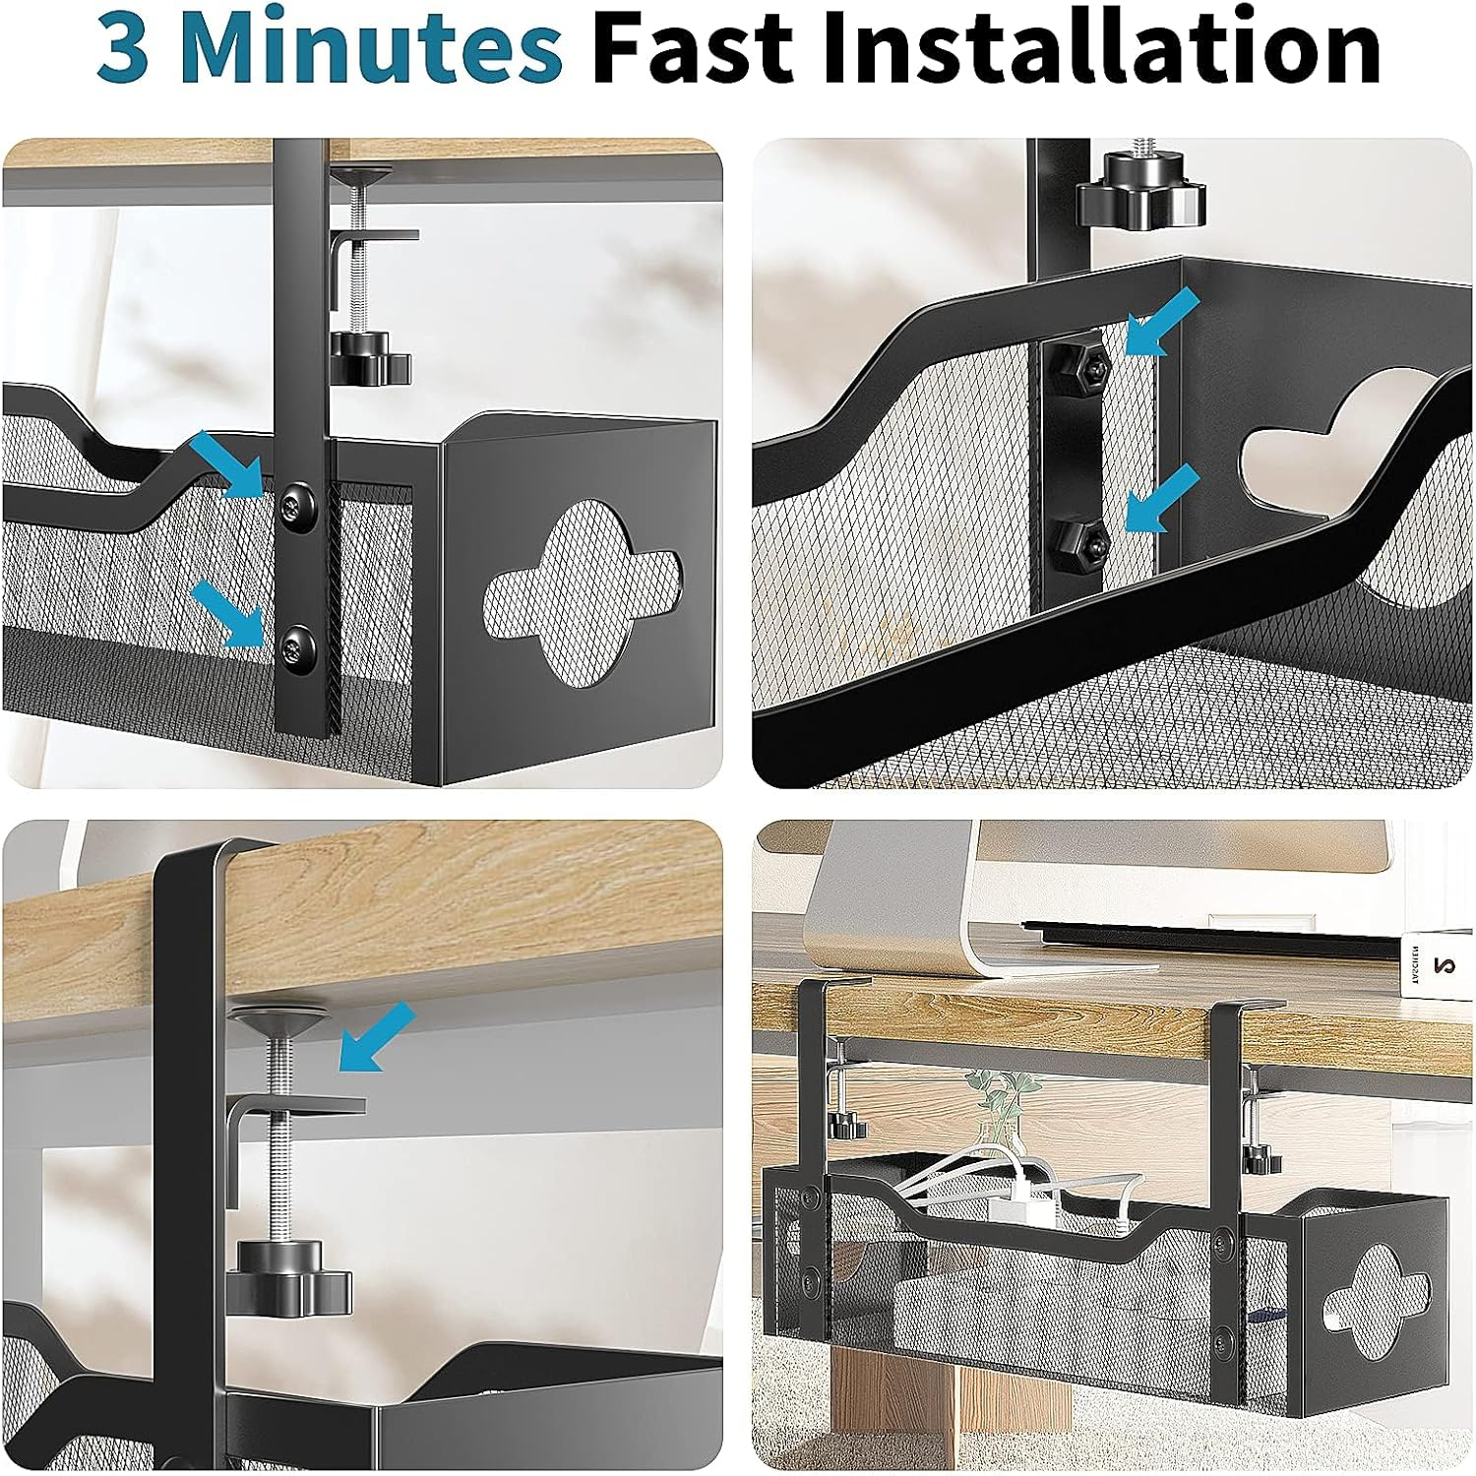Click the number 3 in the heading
[124, 49]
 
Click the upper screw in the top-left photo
[296, 507]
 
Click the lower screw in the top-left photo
[296, 646]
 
